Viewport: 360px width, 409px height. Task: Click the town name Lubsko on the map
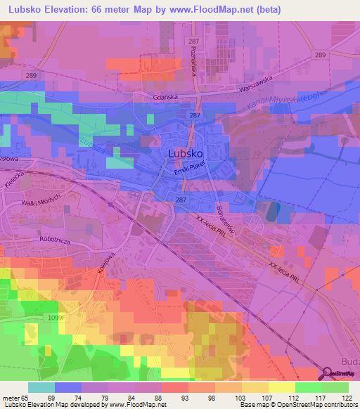[186, 152]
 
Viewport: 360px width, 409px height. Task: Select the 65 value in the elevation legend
[15, 397]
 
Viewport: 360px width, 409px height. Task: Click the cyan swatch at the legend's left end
[41, 387]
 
